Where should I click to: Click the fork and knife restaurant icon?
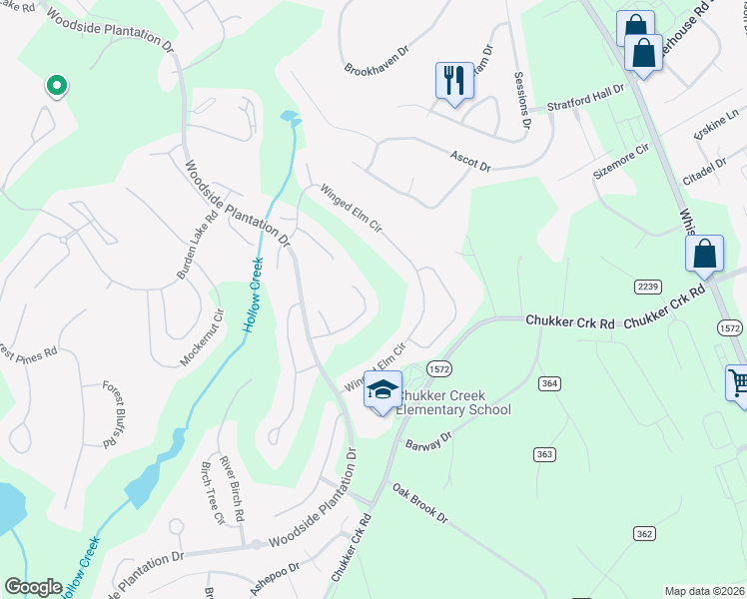click(454, 79)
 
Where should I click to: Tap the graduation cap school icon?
click(382, 390)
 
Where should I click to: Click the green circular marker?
click(57, 87)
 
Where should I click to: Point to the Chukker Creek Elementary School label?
click(454, 402)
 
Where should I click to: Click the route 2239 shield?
click(647, 287)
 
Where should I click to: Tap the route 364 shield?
click(548, 383)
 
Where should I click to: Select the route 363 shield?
click(544, 454)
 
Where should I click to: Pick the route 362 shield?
click(644, 534)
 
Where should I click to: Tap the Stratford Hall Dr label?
click(585, 97)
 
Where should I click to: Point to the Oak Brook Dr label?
click(419, 505)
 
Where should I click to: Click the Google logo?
click(33, 587)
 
